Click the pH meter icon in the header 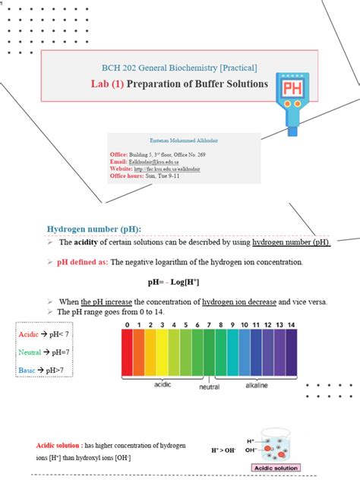[x=291, y=97]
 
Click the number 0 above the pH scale [x=127, y=325]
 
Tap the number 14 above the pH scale [x=292, y=325]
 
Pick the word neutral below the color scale [x=210, y=387]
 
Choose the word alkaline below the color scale [x=257, y=385]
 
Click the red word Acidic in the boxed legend [x=28, y=334]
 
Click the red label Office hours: [x=131, y=176]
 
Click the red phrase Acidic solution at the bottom [x=58, y=444]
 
